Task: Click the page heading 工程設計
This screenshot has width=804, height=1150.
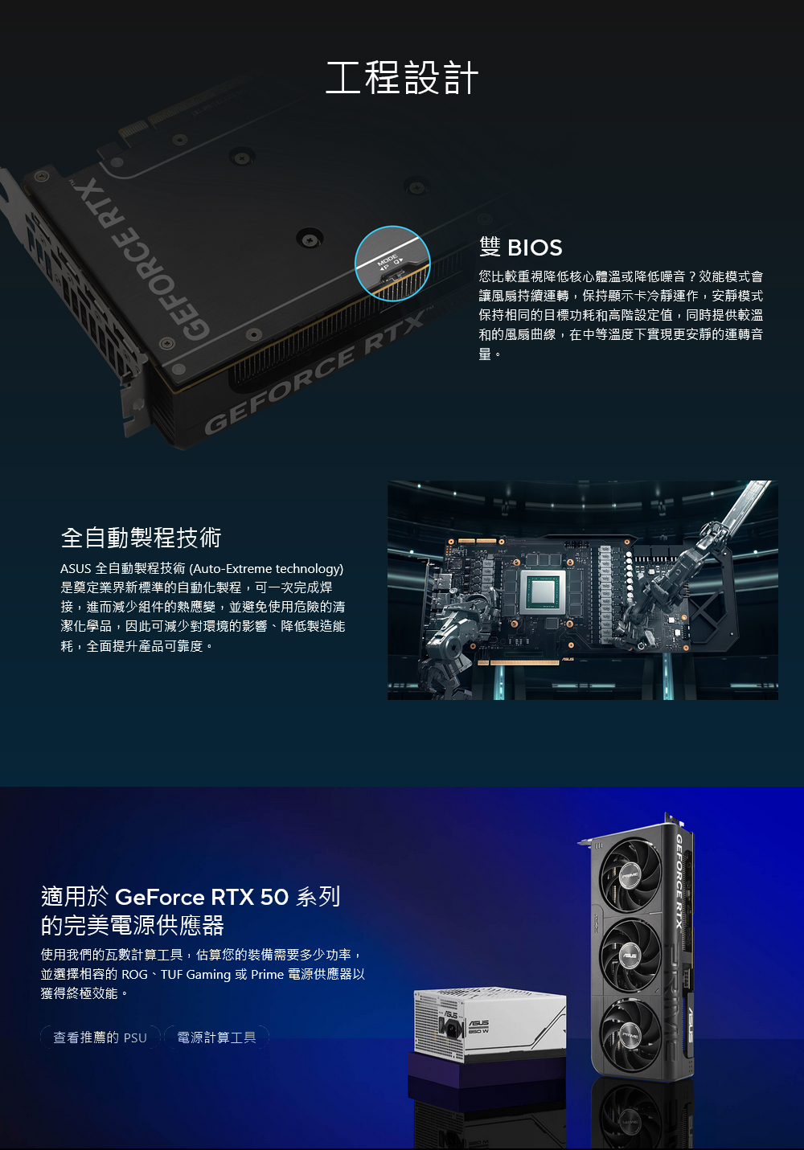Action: (402, 77)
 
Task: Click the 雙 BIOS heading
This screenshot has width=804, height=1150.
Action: (520, 248)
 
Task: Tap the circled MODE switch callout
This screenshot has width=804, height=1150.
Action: (392, 264)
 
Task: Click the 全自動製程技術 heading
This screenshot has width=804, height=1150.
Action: (141, 538)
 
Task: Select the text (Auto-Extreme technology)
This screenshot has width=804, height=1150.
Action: (266, 569)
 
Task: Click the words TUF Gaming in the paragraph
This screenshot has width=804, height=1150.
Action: (195, 975)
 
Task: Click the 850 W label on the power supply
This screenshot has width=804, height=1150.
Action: (478, 1031)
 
